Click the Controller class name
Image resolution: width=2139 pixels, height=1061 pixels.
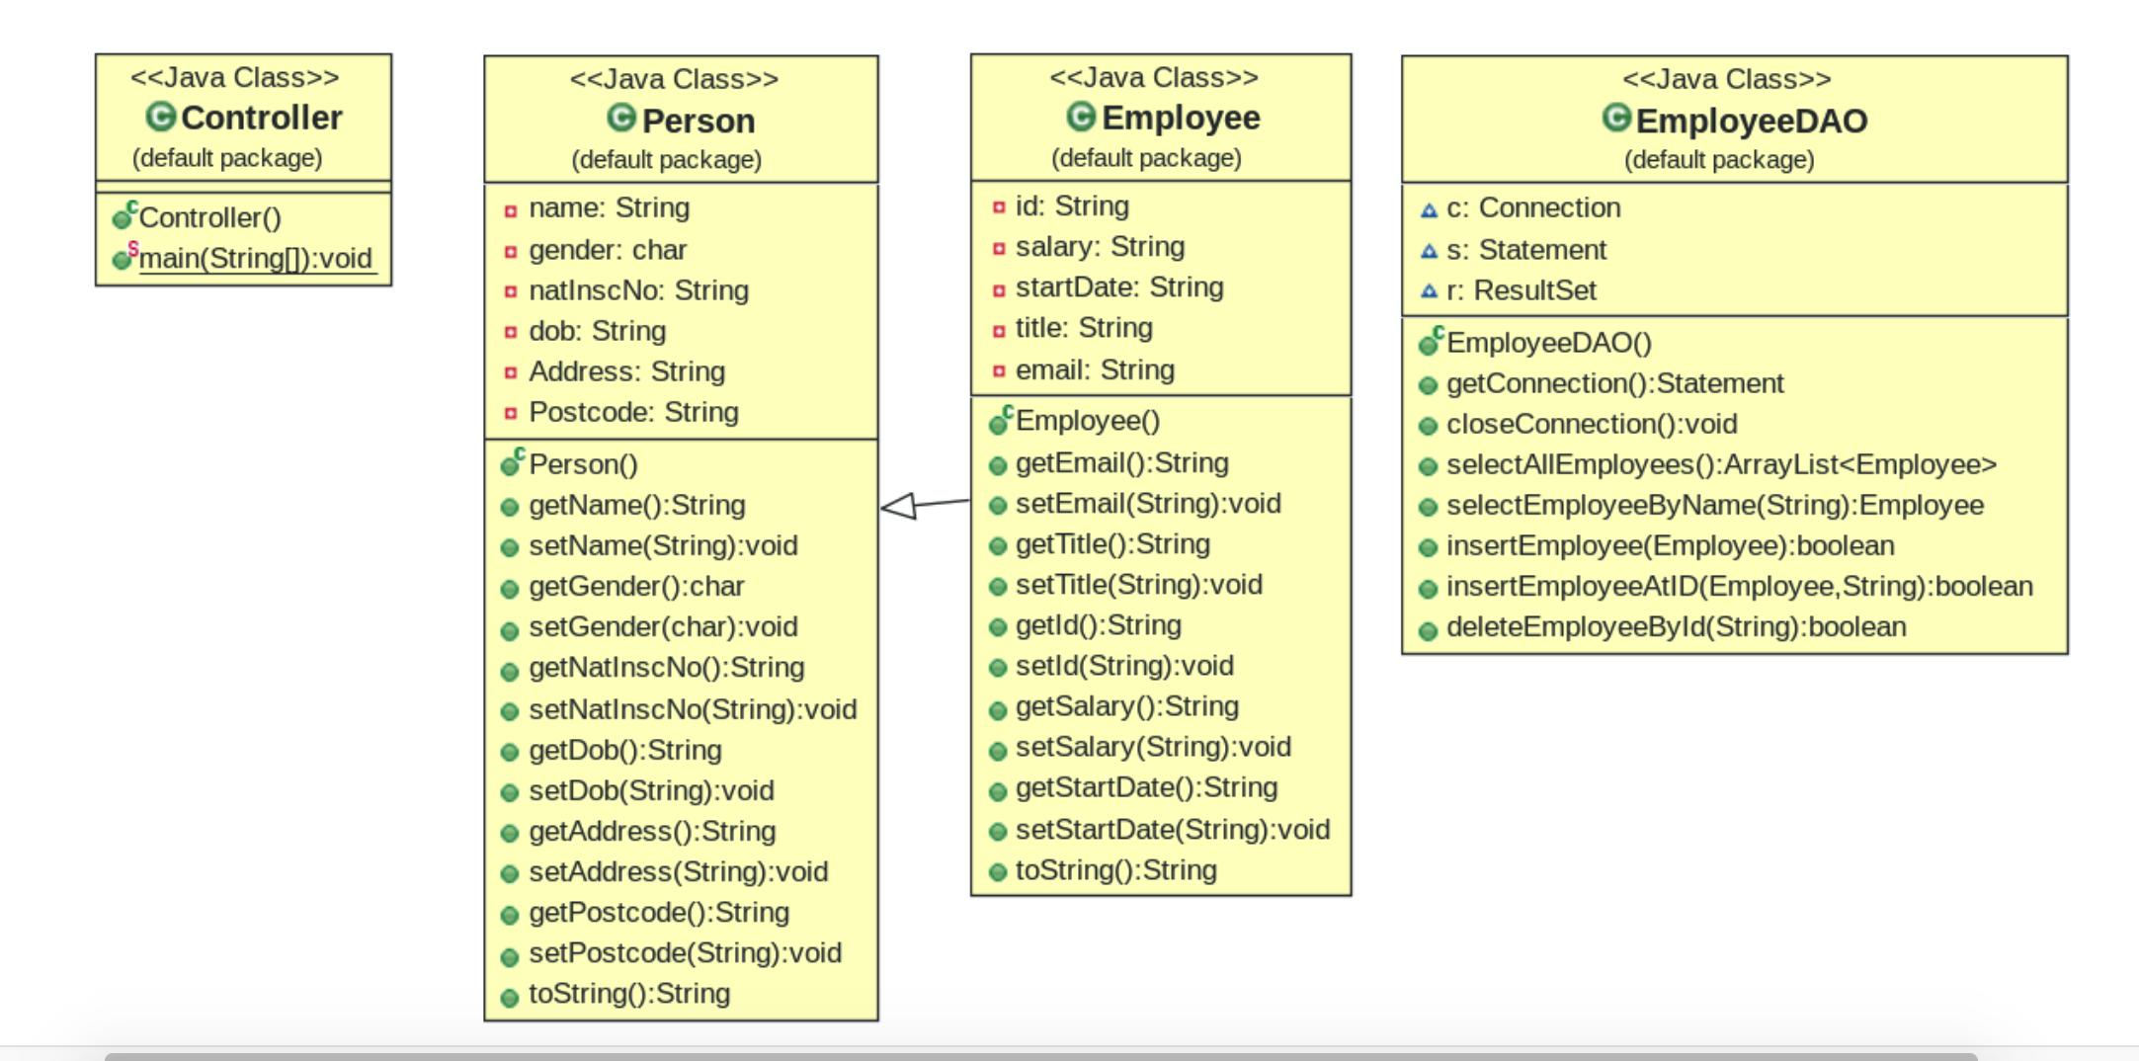pyautogui.click(x=261, y=118)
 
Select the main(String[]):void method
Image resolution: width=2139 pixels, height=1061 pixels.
pyautogui.click(x=255, y=259)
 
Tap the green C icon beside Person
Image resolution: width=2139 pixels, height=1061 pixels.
pyautogui.click(x=621, y=119)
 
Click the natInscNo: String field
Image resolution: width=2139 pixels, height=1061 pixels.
pyautogui.click(x=638, y=290)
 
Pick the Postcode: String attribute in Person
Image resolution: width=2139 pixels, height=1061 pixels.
pyautogui.click(x=633, y=412)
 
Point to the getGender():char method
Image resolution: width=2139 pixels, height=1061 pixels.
pyautogui.click(x=636, y=587)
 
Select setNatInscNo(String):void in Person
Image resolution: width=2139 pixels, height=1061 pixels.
pyautogui.click(x=692, y=709)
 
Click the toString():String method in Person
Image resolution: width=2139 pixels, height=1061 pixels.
pyautogui.click(x=628, y=994)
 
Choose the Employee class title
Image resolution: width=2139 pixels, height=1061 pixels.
pyautogui.click(x=1180, y=118)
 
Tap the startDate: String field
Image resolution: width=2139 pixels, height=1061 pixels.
pyautogui.click(x=1118, y=287)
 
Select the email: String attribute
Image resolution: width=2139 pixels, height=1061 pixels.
pyautogui.click(x=1095, y=370)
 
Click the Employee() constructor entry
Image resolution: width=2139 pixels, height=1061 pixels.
pyautogui.click(x=1087, y=421)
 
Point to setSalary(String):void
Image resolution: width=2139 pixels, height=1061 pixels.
pyautogui.click(x=1152, y=747)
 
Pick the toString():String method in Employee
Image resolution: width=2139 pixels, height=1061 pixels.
pyautogui.click(x=1115, y=870)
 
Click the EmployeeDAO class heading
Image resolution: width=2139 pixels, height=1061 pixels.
pyautogui.click(x=1751, y=121)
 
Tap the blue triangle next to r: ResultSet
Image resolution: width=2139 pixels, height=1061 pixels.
pyautogui.click(x=1429, y=291)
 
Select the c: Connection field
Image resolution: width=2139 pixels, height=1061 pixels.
pyautogui.click(x=1532, y=208)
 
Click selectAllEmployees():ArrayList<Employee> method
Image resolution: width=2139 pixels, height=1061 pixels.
pyautogui.click(x=1720, y=465)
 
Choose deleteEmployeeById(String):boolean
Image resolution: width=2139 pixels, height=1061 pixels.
pyautogui.click(x=1676, y=627)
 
